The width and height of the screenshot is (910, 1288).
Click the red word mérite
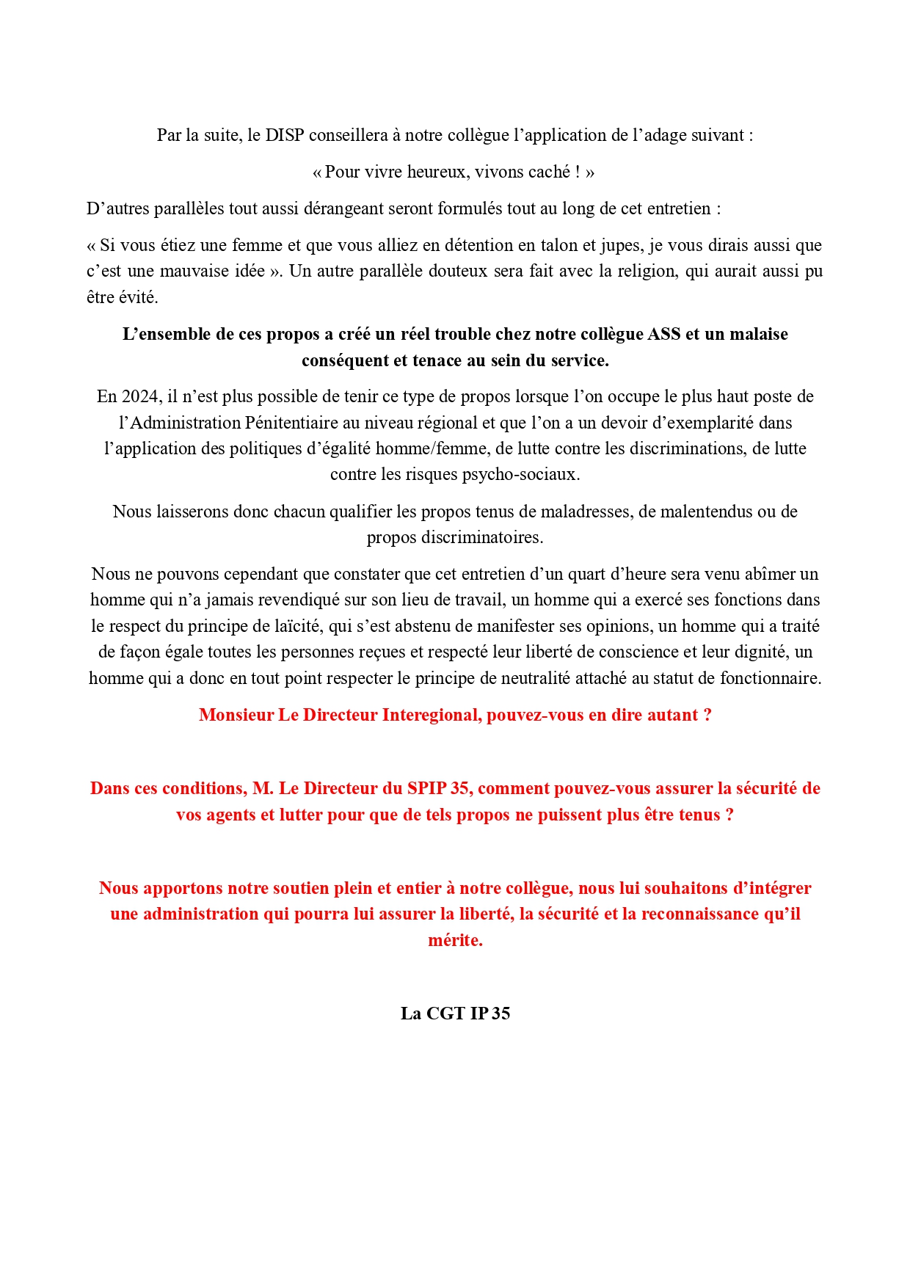[x=455, y=941]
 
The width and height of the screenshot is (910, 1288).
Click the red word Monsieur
[x=236, y=716]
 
